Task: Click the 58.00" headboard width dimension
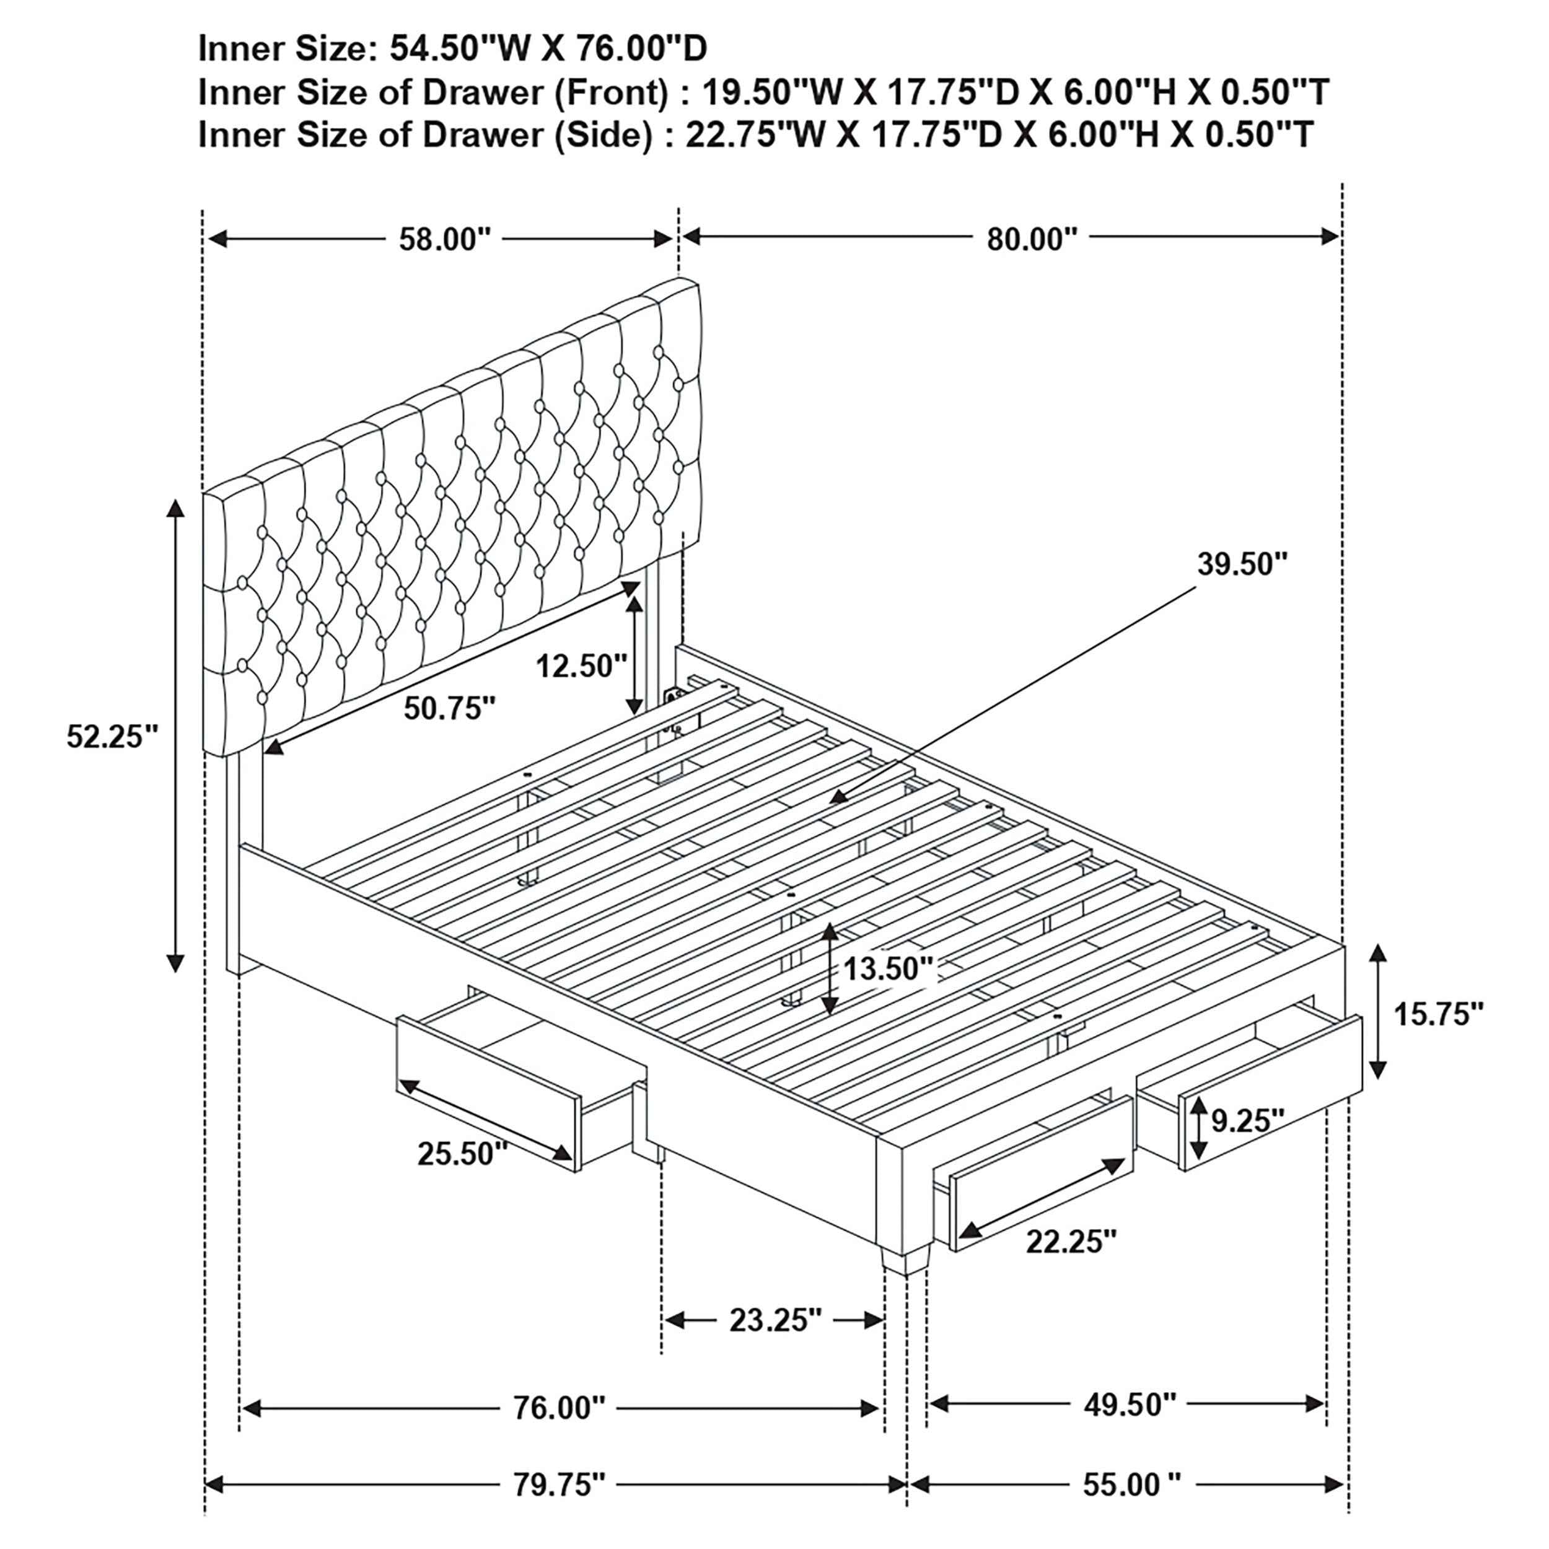(x=445, y=239)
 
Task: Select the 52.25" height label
(x=112, y=736)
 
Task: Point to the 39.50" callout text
(x=1242, y=564)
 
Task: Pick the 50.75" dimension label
(x=449, y=708)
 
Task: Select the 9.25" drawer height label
(x=1247, y=1121)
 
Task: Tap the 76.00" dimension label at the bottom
(x=559, y=1408)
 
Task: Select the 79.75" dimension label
(x=559, y=1485)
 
